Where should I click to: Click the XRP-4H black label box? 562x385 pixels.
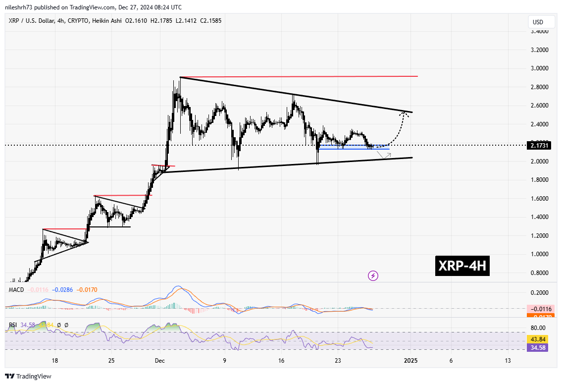tap(462, 267)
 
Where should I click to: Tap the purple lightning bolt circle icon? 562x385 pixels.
tap(373, 275)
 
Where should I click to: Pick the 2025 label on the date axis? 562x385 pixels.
tap(410, 361)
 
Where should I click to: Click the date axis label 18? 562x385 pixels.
tap(54, 361)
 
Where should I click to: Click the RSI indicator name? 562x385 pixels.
tap(13, 325)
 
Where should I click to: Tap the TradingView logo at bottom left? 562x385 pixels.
tap(28, 377)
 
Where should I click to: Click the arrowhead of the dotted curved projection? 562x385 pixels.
tap(405, 113)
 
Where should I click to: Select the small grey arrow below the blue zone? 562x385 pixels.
tap(384, 155)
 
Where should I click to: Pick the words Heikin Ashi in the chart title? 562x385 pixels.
tap(130, 21)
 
